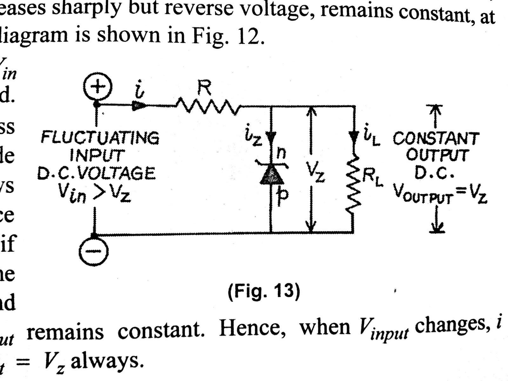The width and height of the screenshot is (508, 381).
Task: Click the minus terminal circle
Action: click(94, 251)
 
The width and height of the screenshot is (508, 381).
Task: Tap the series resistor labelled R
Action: click(206, 106)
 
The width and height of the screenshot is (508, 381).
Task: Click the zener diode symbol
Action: click(272, 175)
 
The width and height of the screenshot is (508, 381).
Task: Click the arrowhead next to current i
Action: click(139, 106)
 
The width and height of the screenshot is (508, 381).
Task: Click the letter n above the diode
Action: click(281, 153)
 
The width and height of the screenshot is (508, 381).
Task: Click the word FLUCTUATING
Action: click(100, 138)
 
